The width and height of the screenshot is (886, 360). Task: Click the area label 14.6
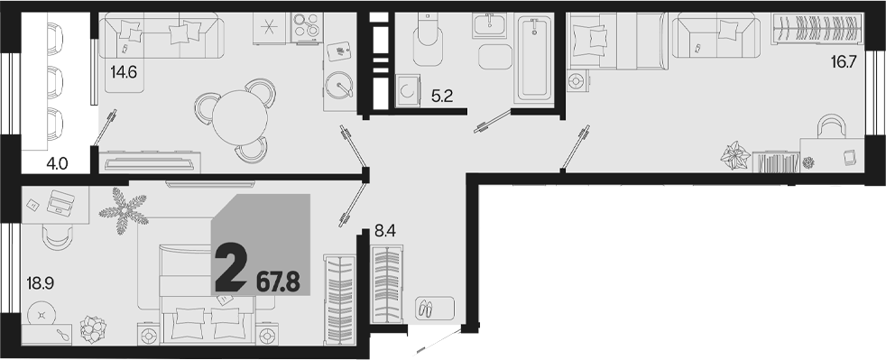pos(125,72)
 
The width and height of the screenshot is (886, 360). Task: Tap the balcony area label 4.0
pos(58,164)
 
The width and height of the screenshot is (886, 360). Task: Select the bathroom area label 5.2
pos(442,97)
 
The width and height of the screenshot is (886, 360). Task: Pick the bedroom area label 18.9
pos(39,282)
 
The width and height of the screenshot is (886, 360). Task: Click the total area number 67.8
pos(278,282)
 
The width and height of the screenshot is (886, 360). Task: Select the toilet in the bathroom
pos(427,39)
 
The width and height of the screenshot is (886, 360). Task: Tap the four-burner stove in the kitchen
pos(308,27)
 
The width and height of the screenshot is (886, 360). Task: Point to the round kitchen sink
pos(339,86)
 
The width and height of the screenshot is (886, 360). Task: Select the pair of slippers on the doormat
pos(424,309)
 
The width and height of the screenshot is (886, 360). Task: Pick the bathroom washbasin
pos(490,25)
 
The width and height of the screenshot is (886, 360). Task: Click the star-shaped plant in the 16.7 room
pos(735,155)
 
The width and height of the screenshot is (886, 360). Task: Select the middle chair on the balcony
pos(54,81)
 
